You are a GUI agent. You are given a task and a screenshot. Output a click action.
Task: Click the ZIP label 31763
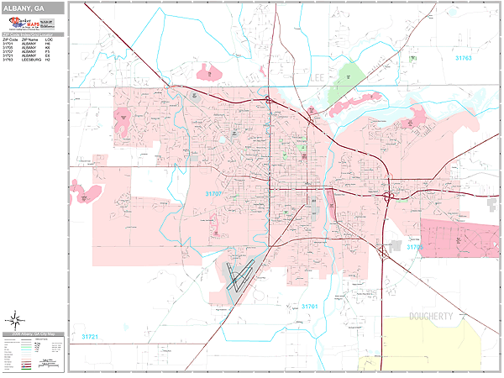[464, 59]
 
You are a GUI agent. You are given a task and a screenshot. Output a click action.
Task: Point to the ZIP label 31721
[90, 336]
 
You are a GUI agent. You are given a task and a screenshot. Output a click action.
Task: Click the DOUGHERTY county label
[436, 317]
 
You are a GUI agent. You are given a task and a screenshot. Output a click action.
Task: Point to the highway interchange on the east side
[389, 197]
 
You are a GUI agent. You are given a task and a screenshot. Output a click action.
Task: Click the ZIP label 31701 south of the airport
[308, 307]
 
